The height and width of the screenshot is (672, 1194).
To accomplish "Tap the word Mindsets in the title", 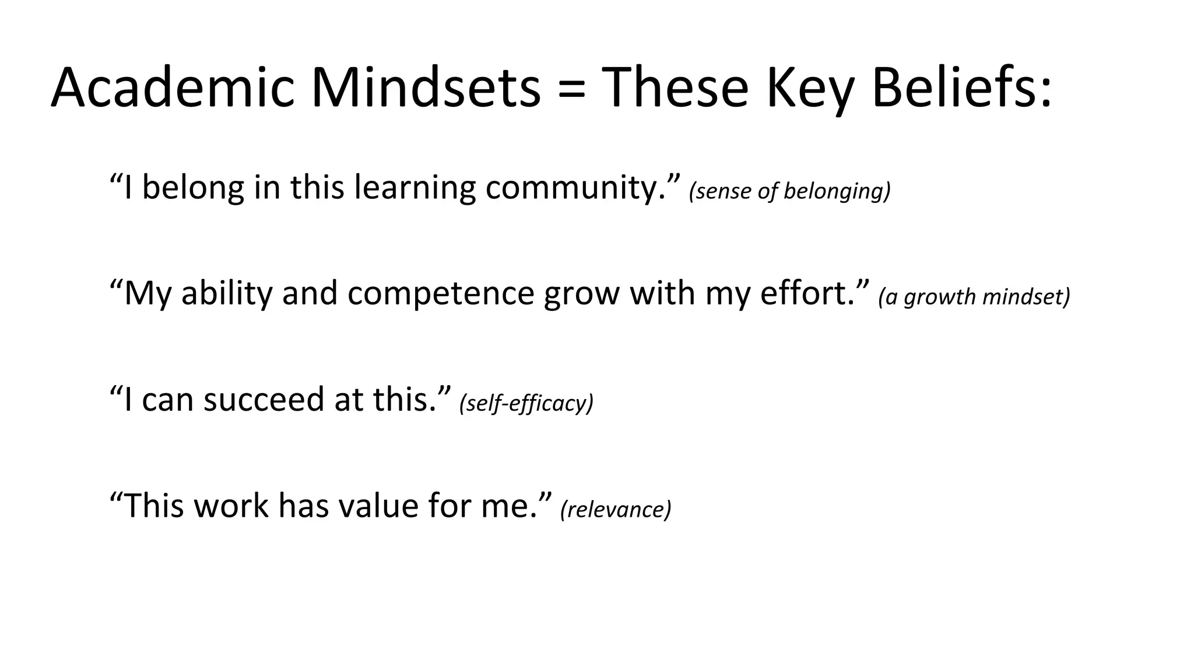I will coord(426,87).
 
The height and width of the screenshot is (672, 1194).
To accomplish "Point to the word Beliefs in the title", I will coord(962,87).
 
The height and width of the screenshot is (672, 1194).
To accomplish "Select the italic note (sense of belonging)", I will coord(790,191).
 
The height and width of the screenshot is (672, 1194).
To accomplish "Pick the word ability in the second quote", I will coord(227,294).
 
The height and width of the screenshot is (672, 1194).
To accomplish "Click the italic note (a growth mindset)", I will coord(974,297).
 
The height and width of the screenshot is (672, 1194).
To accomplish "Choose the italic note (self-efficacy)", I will coord(526,403).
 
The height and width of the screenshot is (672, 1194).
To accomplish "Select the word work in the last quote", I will coord(231,506).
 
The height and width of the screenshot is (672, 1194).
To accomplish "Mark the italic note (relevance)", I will coord(616,509).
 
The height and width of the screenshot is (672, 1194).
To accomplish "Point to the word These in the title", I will coord(675,87).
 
